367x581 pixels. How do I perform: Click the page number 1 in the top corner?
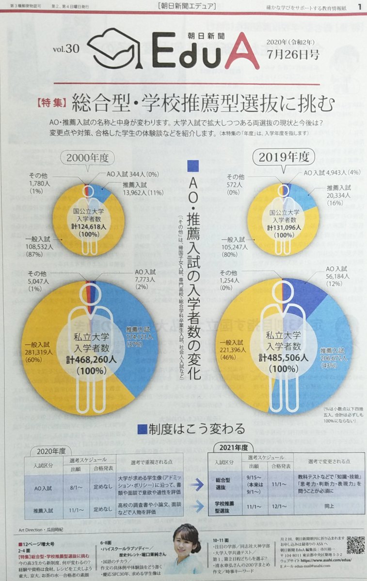tap(359, 6)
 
